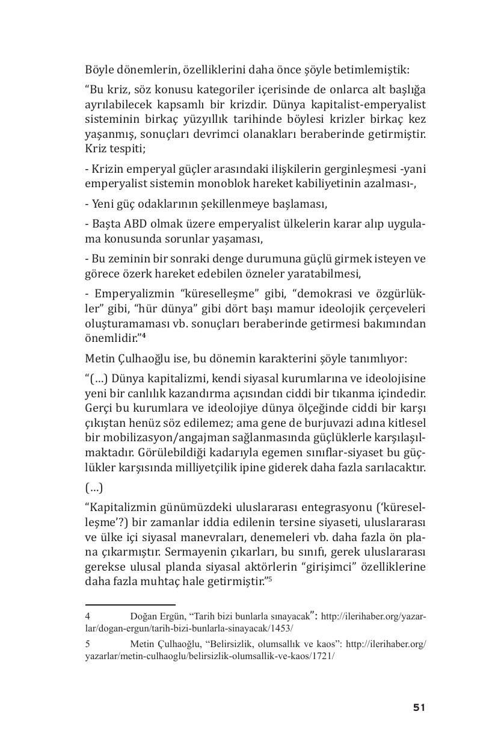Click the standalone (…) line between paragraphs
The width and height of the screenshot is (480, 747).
pyautogui.click(x=94, y=487)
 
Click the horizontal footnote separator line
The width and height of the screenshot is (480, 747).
pyautogui.click(x=130, y=604)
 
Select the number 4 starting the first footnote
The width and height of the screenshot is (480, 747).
pyautogui.click(x=88, y=616)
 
